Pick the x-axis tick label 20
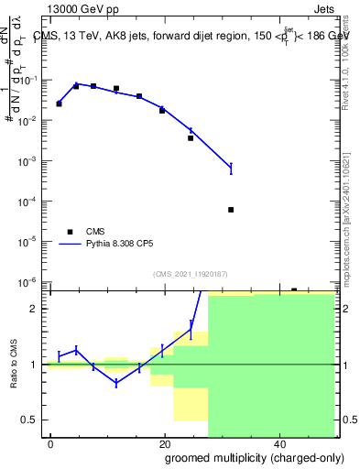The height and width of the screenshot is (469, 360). pyautogui.click(x=164, y=444)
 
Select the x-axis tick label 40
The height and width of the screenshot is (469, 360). pyautogui.click(x=278, y=444)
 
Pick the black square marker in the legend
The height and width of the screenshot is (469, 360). pyautogui.click(x=71, y=233)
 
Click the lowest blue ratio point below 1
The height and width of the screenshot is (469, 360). pyautogui.click(x=116, y=383)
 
